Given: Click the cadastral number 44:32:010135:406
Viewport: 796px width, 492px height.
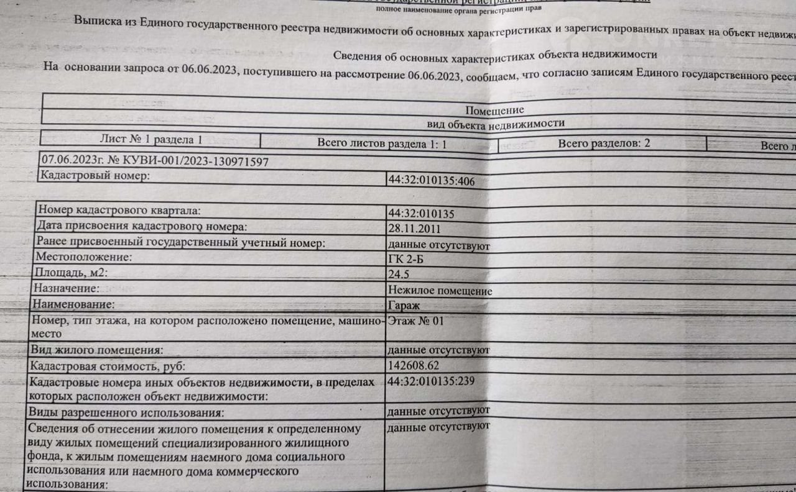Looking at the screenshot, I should (431, 181).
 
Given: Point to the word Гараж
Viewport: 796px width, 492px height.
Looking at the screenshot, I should (404, 306).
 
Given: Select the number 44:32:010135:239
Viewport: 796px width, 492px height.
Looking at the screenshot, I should (430, 381).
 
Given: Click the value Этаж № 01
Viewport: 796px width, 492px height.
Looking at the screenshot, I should (415, 321).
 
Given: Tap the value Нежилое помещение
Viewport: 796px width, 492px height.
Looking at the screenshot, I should (440, 290).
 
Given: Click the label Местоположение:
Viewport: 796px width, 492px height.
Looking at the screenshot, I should (84, 257).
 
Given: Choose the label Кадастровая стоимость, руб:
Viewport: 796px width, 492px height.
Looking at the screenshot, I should (108, 367).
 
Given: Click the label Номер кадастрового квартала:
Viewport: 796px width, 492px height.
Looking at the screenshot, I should (119, 211).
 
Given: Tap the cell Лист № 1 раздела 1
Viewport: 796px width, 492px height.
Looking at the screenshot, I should (150, 140).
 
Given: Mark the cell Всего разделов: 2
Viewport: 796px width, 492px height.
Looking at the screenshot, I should (603, 143).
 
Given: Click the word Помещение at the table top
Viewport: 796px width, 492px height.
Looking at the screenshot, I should (494, 110).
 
